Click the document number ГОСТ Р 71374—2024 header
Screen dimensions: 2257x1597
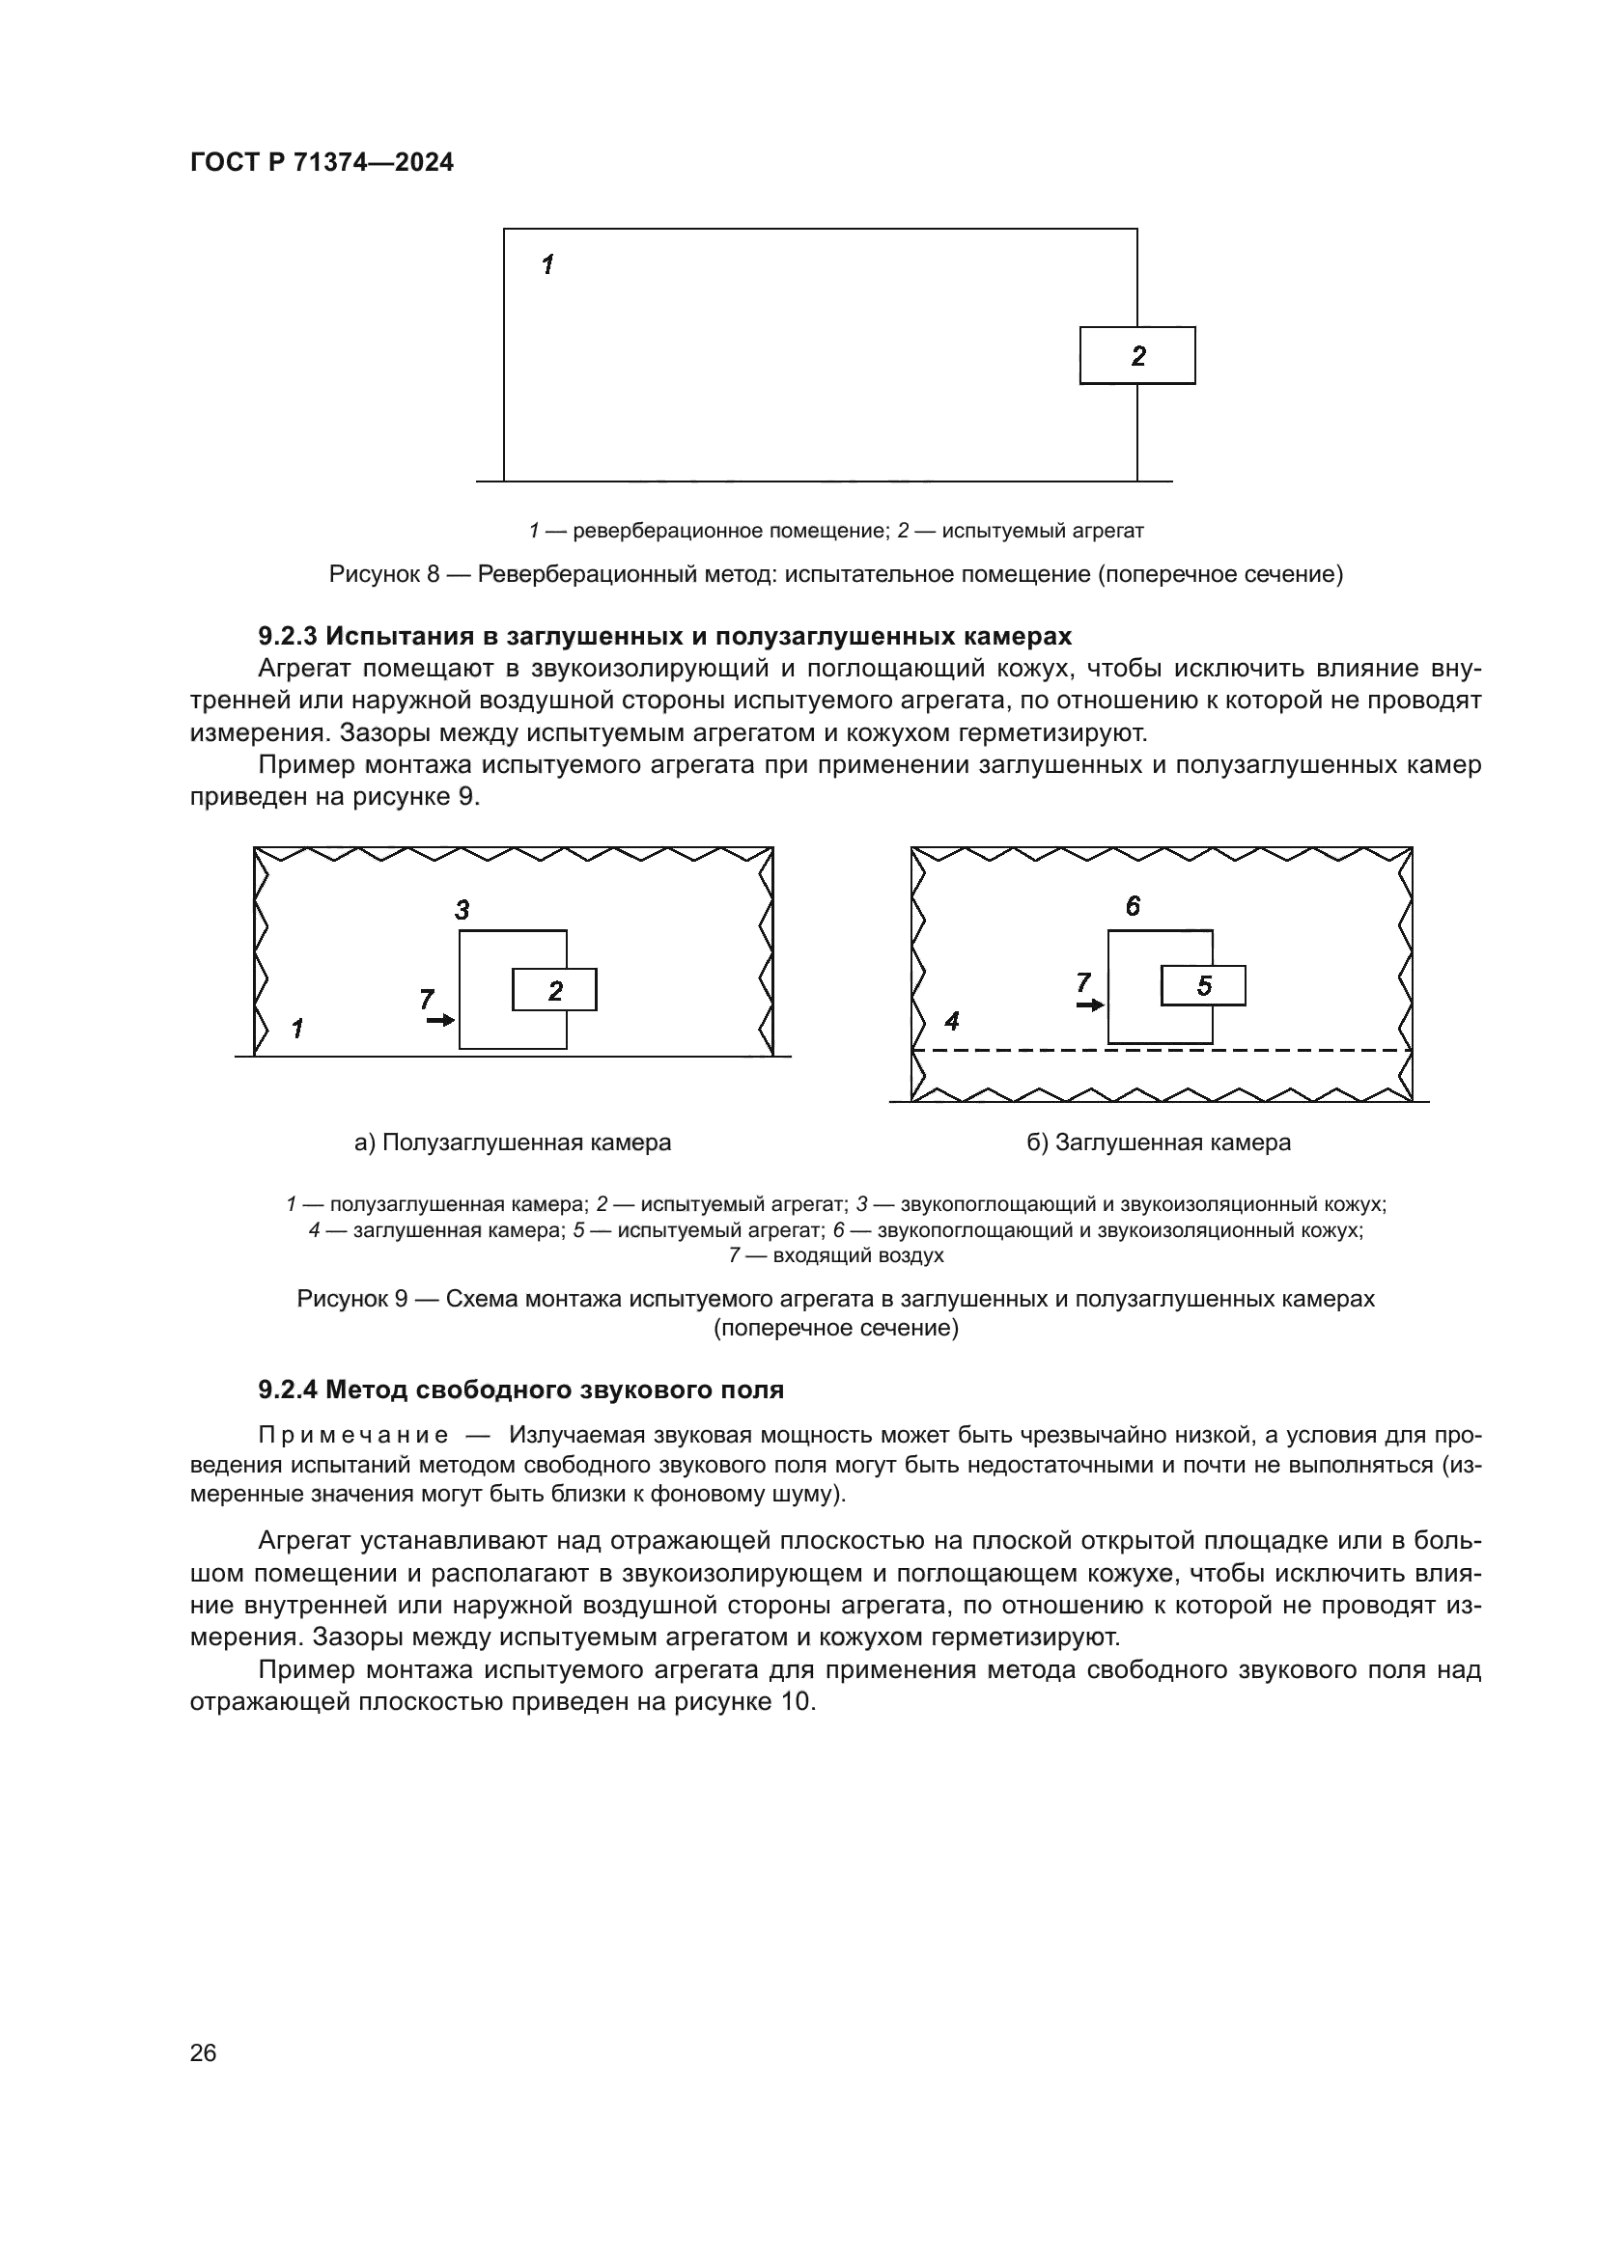(322, 163)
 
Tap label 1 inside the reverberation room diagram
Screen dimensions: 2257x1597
(547, 263)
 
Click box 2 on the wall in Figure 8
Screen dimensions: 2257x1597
(1137, 356)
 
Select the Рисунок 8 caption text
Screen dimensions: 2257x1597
(836, 574)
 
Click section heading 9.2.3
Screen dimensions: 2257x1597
(664, 636)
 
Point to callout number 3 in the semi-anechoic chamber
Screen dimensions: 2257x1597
(462, 910)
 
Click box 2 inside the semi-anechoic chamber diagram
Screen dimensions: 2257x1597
(554, 991)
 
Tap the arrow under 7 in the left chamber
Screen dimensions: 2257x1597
(440, 1021)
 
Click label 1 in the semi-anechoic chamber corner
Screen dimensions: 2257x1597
(297, 1030)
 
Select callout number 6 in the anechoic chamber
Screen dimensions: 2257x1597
(1133, 906)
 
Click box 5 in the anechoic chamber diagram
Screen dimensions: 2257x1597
(1204, 986)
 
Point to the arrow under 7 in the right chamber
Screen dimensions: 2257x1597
(1089, 1005)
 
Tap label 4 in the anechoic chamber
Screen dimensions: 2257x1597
(951, 1022)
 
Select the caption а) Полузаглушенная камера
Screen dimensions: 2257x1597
(513, 1142)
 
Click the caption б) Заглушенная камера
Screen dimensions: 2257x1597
(1159, 1142)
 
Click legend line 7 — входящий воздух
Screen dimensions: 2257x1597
(836, 1255)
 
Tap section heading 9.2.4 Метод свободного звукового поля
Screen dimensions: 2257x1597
(521, 1390)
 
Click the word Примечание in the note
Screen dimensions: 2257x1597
(353, 1436)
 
